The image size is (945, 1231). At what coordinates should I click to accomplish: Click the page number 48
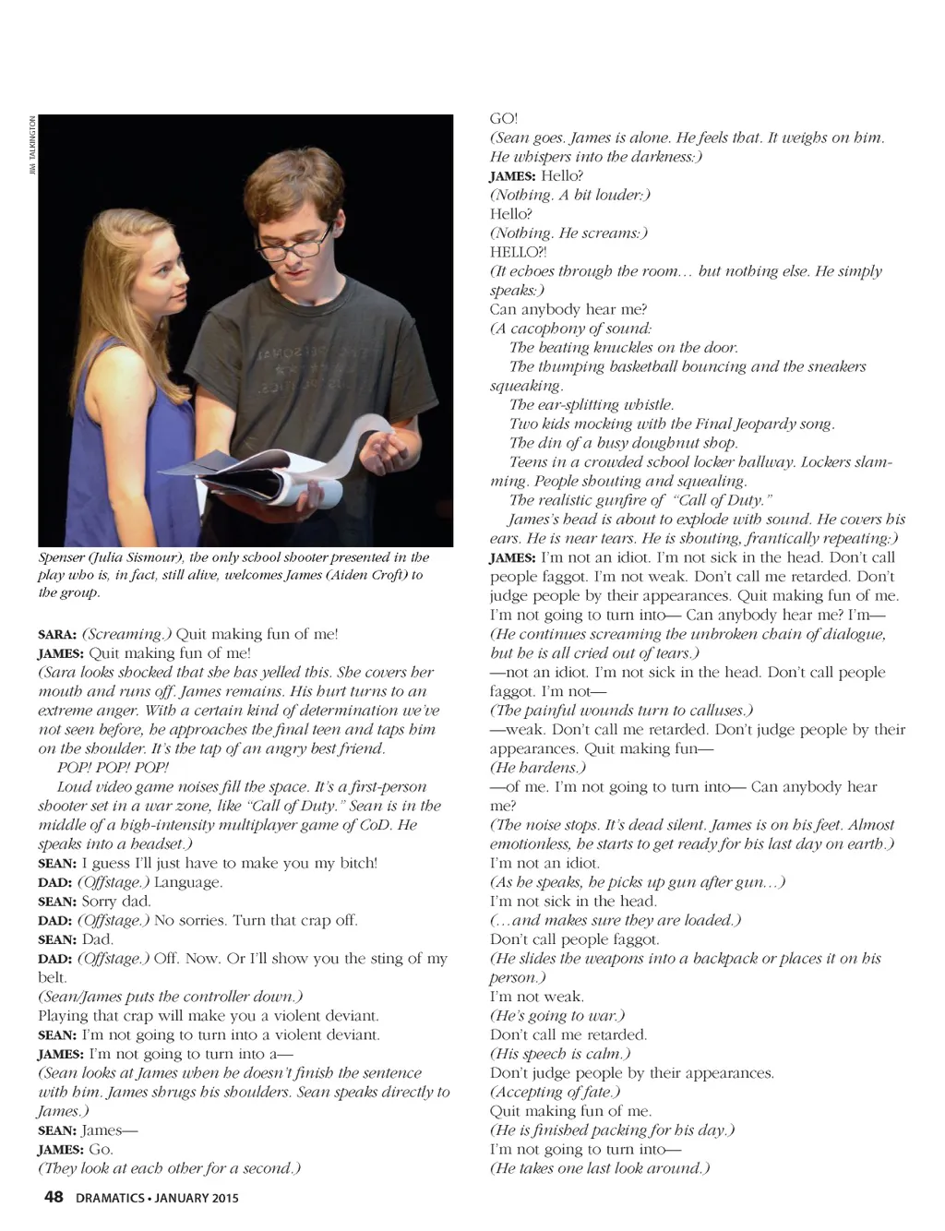coord(54,1197)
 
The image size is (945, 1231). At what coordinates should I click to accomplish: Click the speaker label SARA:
coord(57,634)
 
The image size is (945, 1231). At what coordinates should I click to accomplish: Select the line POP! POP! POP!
coord(113,768)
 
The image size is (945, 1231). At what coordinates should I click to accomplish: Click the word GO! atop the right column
coord(504,119)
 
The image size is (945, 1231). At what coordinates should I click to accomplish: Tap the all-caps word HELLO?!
coord(518,252)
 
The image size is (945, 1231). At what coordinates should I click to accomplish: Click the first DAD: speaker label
coord(55,882)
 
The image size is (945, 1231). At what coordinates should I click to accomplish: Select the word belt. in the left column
coord(53,977)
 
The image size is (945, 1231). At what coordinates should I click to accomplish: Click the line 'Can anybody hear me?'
coord(568,309)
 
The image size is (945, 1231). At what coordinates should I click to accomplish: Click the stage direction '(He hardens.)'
coord(538,768)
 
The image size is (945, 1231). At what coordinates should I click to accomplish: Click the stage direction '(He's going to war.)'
coord(556,1016)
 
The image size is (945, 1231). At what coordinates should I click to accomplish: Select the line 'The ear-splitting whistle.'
coord(591,405)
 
